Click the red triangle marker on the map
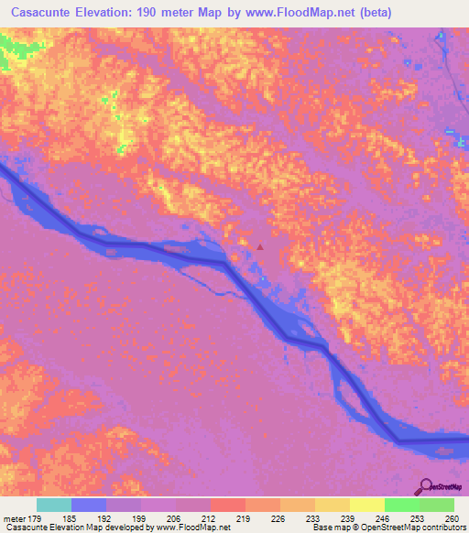pos(260,245)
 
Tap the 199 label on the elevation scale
pos(140,519)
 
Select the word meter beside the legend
pos(13,519)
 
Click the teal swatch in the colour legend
pos(53,505)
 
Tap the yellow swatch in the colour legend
pos(332,505)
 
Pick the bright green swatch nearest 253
pos(401,505)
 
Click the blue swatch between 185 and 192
pos(88,505)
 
